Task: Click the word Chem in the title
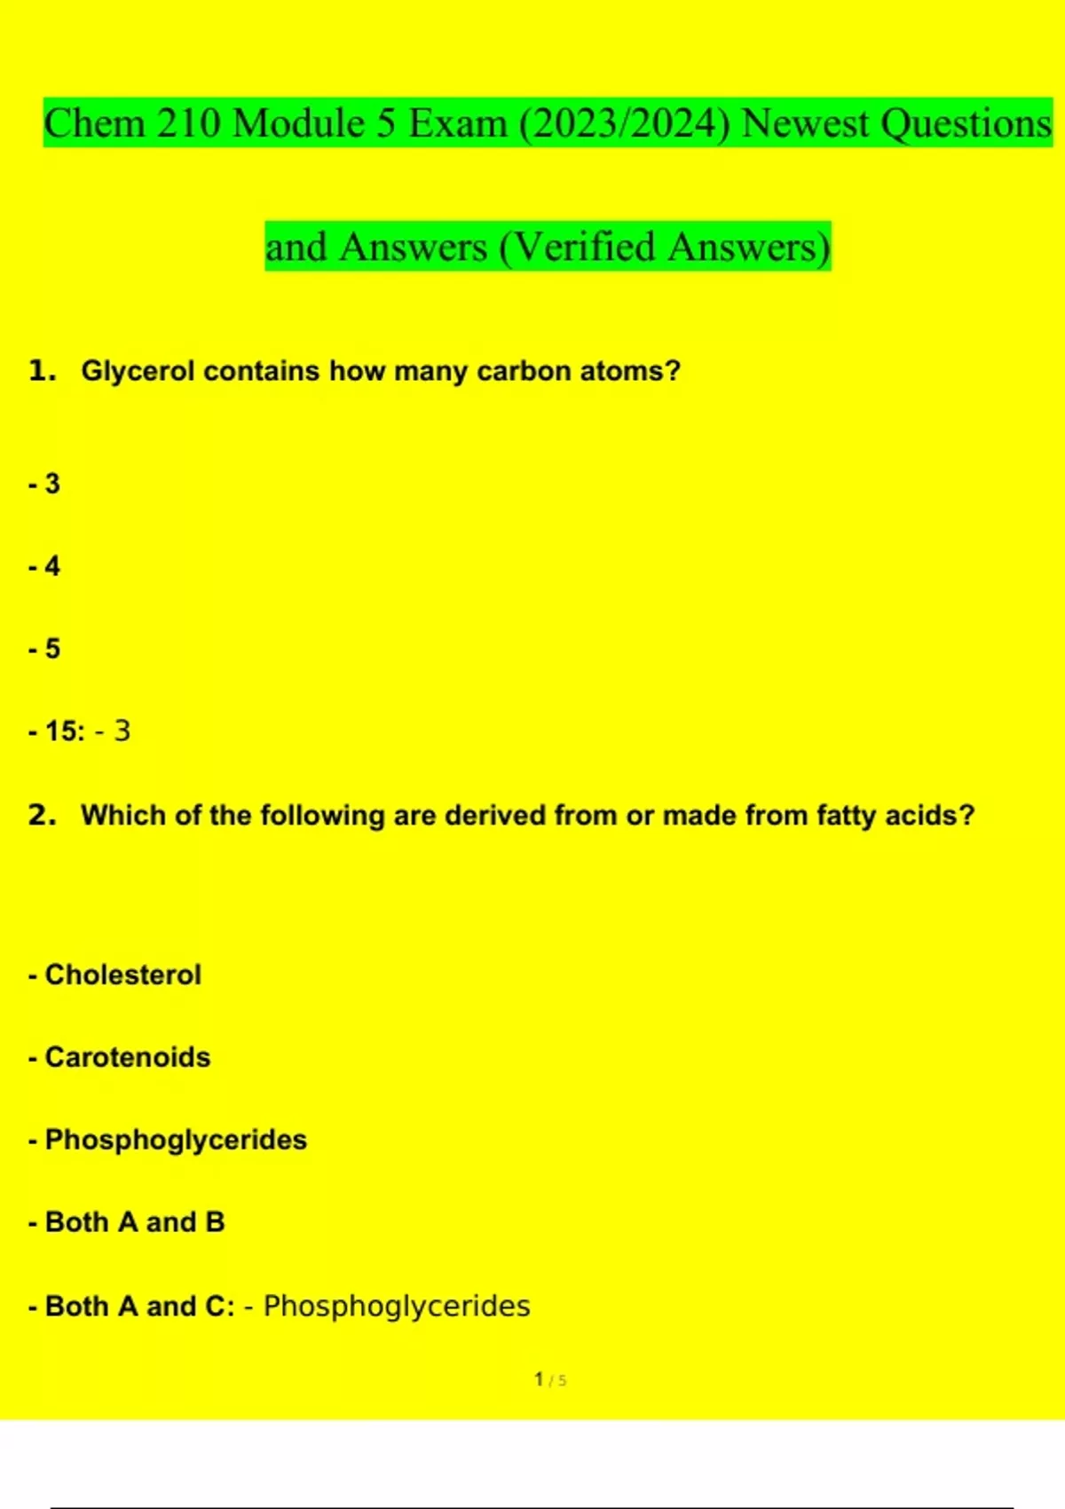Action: click(94, 123)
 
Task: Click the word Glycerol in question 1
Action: click(138, 371)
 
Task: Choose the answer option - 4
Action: click(45, 566)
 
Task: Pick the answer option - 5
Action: click(45, 649)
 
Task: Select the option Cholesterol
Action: click(122, 975)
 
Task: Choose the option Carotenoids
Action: click(127, 1057)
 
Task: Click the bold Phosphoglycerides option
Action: click(176, 1140)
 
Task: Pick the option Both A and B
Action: click(134, 1222)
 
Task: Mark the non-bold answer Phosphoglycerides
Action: click(396, 1307)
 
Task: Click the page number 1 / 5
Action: click(550, 1380)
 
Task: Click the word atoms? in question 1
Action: click(630, 371)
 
